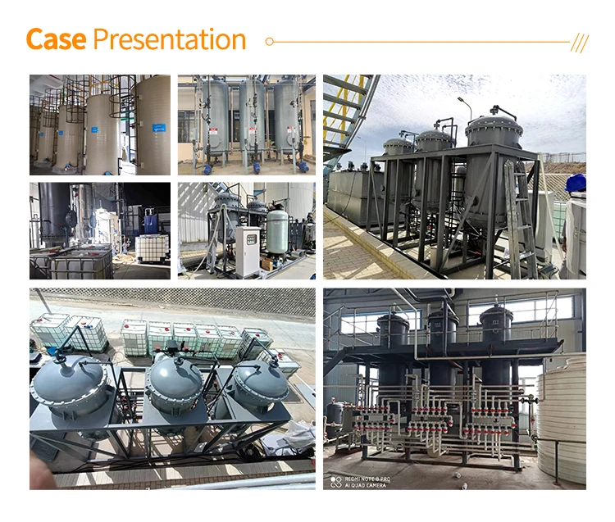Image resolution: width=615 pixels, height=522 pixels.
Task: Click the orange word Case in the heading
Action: (56, 39)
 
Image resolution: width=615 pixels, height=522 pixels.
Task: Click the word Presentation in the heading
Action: (170, 39)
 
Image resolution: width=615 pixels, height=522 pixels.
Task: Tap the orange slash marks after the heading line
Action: (580, 42)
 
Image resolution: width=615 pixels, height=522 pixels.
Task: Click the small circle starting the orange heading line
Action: (270, 41)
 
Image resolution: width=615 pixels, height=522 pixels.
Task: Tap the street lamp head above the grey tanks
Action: (462, 101)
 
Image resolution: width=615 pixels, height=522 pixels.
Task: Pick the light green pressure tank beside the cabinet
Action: (278, 232)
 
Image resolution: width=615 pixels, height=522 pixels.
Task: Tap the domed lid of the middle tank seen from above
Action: (174, 376)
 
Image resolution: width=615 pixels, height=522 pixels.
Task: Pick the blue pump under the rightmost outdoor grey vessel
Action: (303, 166)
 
